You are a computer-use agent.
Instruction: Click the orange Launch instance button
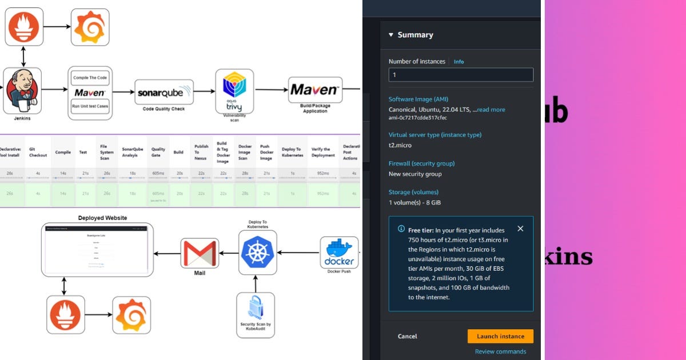[500, 336]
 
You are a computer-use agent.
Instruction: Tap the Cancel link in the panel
[408, 337]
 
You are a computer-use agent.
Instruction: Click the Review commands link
[500, 351]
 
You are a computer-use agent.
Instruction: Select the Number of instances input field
[461, 75]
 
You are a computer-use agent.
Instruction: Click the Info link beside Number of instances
[458, 62]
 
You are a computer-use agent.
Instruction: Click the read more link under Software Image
[491, 110]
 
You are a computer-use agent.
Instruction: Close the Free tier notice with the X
[520, 229]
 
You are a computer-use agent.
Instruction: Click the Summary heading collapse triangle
[391, 35]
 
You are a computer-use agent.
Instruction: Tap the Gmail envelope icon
[199, 253]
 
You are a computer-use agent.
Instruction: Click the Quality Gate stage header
[158, 152]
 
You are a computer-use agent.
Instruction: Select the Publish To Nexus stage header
[201, 152]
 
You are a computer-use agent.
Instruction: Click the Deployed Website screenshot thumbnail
[97, 247]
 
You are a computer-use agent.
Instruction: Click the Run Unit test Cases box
[90, 106]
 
